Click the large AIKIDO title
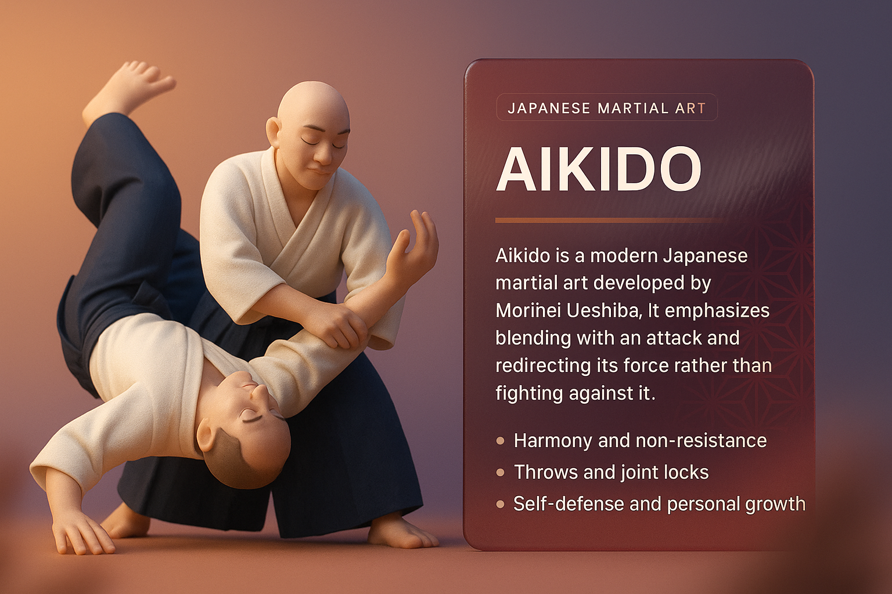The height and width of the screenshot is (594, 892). click(598, 169)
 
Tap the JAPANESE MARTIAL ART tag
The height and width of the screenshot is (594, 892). click(607, 108)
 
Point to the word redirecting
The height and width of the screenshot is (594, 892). click(543, 366)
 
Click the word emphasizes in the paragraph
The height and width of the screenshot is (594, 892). click(717, 311)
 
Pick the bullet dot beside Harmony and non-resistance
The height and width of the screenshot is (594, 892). click(501, 441)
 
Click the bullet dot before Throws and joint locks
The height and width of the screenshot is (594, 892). click(501, 473)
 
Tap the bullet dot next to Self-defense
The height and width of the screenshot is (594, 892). click(501, 505)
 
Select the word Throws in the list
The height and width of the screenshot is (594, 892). click(546, 472)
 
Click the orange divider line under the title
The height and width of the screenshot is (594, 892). click(608, 220)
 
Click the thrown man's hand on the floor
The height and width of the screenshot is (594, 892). click(80, 533)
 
